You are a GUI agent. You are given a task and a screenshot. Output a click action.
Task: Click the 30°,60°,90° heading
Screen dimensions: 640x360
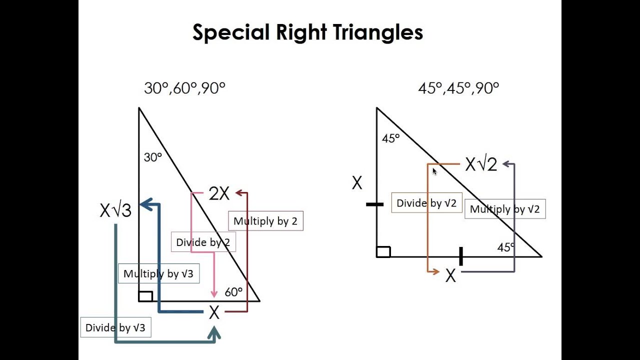pos(184,88)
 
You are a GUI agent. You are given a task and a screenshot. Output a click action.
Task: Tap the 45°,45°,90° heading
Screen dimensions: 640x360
pos(458,88)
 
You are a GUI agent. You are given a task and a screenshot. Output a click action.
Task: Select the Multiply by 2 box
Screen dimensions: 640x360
pos(265,221)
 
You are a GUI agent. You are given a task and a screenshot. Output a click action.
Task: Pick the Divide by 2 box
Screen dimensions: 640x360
pos(203,242)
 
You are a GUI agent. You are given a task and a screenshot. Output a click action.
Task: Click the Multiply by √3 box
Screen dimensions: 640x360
pos(158,274)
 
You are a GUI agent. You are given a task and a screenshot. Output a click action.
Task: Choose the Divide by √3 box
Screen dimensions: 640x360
pos(115,327)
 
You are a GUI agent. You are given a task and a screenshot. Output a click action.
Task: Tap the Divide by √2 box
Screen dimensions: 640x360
pos(426,203)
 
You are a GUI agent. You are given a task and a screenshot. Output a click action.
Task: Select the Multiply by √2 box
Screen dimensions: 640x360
pos(505,209)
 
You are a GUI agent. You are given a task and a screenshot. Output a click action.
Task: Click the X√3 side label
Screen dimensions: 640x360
pos(115,210)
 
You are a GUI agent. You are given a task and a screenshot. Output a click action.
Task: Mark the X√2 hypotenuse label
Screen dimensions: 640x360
pos(481,164)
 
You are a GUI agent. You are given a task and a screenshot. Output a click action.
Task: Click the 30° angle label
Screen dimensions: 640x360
pos(153,157)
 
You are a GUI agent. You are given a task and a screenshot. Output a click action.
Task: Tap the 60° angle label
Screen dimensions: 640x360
pos(233,292)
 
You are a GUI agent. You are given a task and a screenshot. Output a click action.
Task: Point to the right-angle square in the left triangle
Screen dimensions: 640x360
pos(145,296)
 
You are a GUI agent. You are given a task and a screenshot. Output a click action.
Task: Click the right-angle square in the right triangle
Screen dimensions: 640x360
pos(383,251)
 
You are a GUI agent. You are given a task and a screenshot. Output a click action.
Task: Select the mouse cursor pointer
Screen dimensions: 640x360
pos(434,171)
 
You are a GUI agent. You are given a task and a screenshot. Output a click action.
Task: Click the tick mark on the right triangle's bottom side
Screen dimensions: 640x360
pos(460,256)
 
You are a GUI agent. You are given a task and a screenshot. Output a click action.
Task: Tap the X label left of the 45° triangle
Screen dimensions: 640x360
pos(356,183)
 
